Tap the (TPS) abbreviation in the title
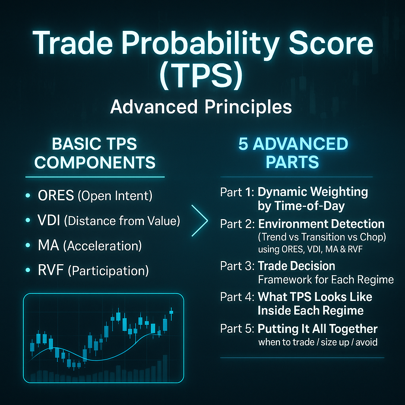click(x=201, y=75)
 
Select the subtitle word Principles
click(x=248, y=108)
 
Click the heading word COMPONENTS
click(x=95, y=163)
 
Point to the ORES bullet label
click(x=56, y=195)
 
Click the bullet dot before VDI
click(x=28, y=220)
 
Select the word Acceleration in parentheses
click(x=102, y=246)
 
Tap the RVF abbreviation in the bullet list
click(x=51, y=271)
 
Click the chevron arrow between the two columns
click(x=200, y=221)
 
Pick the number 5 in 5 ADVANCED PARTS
click(x=244, y=144)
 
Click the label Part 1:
click(x=237, y=193)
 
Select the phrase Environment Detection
click(x=321, y=224)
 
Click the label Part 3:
click(x=237, y=266)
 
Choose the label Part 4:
click(x=237, y=297)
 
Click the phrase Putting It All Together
click(x=318, y=329)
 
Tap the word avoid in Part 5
click(x=367, y=343)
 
